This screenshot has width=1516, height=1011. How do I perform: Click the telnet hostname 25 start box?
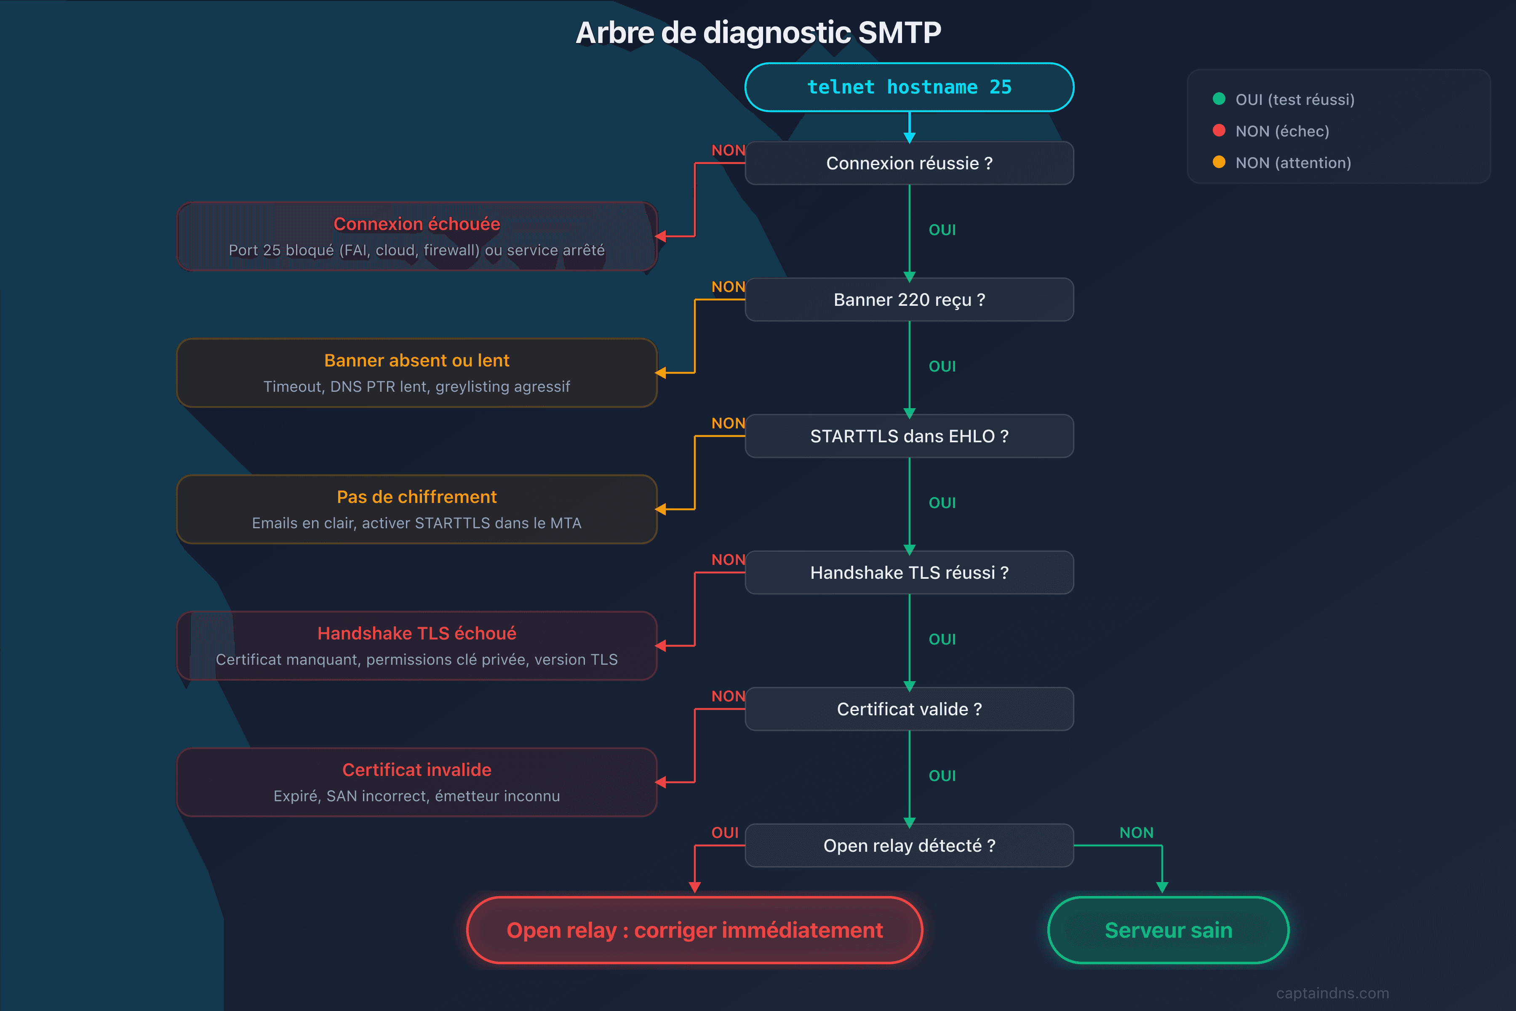click(x=909, y=87)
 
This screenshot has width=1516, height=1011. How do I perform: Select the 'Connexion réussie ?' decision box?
click(x=909, y=163)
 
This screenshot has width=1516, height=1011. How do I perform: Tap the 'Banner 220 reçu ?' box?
click(x=909, y=300)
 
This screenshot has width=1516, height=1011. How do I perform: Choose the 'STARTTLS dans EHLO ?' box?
click(x=909, y=436)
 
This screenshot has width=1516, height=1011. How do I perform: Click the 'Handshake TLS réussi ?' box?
click(x=909, y=572)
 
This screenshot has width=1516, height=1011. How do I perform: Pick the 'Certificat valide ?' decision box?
click(x=909, y=709)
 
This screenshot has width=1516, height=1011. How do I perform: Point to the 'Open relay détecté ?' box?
click(x=909, y=845)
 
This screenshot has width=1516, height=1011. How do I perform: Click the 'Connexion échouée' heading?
click(x=416, y=224)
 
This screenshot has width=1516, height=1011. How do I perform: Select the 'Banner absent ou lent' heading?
click(x=416, y=361)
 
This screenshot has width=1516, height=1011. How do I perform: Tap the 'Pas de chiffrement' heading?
click(x=416, y=497)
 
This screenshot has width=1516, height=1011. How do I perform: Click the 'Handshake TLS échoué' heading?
click(x=416, y=633)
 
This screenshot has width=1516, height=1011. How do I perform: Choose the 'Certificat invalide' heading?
click(x=416, y=770)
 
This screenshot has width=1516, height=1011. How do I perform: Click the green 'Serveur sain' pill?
click(x=1168, y=930)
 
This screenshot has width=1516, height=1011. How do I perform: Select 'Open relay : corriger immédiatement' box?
click(x=694, y=930)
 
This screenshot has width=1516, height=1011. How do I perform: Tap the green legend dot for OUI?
click(x=1218, y=99)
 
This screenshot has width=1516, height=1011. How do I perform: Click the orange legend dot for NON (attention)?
click(x=1218, y=162)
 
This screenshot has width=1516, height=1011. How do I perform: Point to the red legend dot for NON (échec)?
click(x=1218, y=130)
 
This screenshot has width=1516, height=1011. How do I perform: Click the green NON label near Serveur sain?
click(x=1136, y=832)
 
